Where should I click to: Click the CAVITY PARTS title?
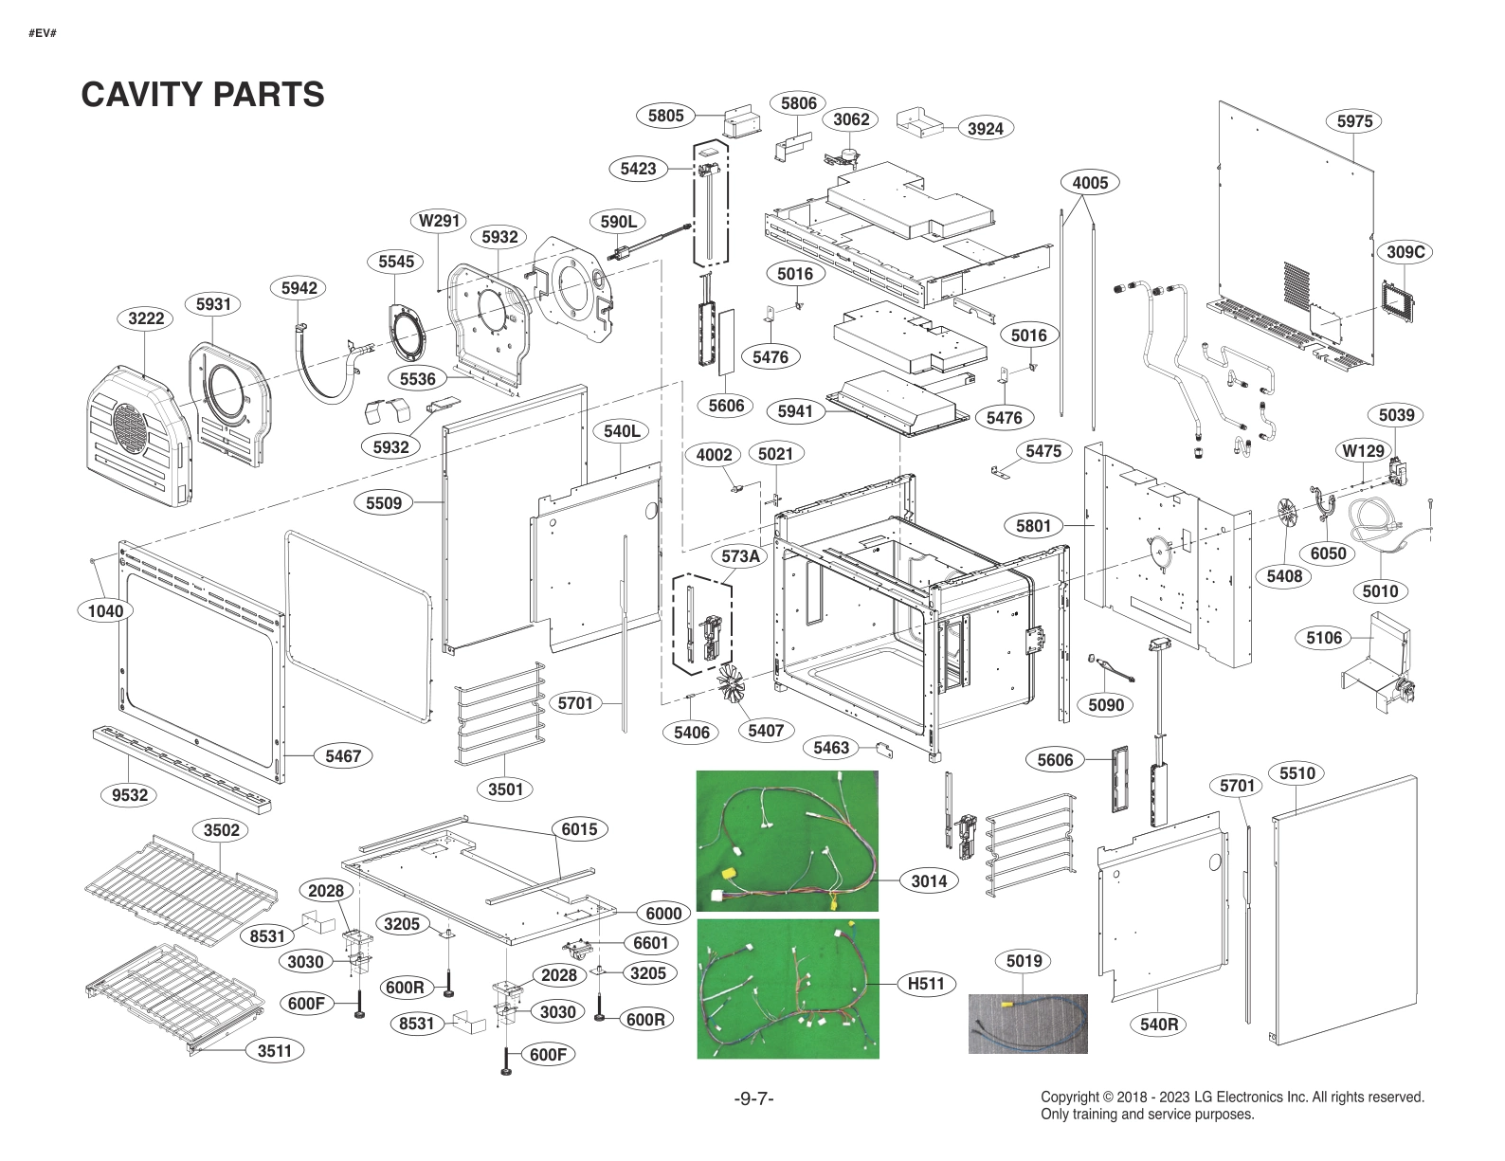point(203,95)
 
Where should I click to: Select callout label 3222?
point(146,318)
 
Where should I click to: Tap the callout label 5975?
point(1354,121)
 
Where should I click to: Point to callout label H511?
point(926,984)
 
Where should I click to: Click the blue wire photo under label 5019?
point(1027,1024)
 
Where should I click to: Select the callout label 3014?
point(929,881)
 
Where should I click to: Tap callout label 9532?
point(130,795)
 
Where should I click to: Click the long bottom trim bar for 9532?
point(181,769)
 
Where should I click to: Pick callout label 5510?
point(1296,773)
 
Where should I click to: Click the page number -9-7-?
point(753,1098)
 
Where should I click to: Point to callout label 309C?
point(1405,252)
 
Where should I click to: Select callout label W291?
point(440,221)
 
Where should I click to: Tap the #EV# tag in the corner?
point(42,33)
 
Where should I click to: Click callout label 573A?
point(740,556)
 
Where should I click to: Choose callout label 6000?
point(663,914)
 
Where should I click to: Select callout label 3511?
point(275,1050)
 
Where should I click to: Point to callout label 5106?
point(1323,638)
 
